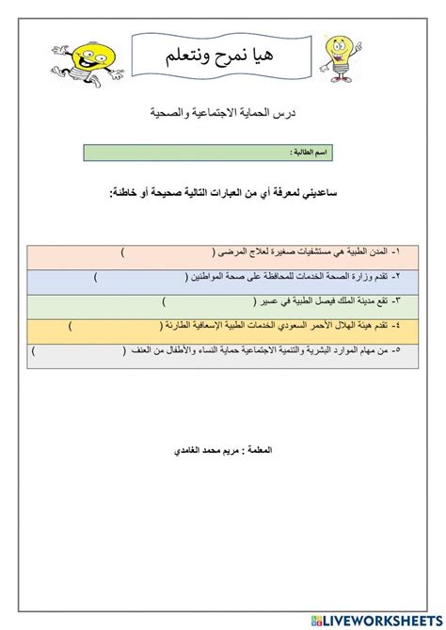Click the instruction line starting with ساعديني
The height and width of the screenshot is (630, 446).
[x=224, y=192]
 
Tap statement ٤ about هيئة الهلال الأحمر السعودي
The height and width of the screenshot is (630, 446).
[x=283, y=327]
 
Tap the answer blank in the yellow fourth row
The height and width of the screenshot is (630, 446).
[x=118, y=327]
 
